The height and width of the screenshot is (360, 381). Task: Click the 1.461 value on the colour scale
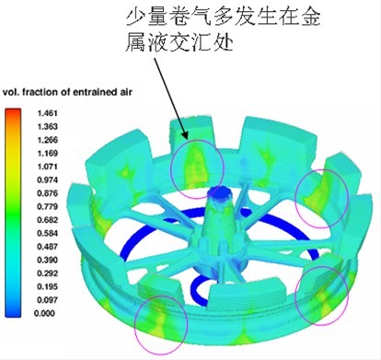click(47, 113)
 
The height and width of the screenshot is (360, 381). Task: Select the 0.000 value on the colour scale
click(46, 313)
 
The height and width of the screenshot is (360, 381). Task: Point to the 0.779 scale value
click(47, 206)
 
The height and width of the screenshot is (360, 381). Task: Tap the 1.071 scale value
click(47, 167)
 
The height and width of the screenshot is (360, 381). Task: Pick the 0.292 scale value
click(47, 273)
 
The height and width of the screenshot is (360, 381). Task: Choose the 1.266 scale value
click(47, 140)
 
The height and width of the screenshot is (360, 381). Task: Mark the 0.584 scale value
click(47, 233)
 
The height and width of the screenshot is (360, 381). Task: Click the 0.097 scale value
click(47, 300)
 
